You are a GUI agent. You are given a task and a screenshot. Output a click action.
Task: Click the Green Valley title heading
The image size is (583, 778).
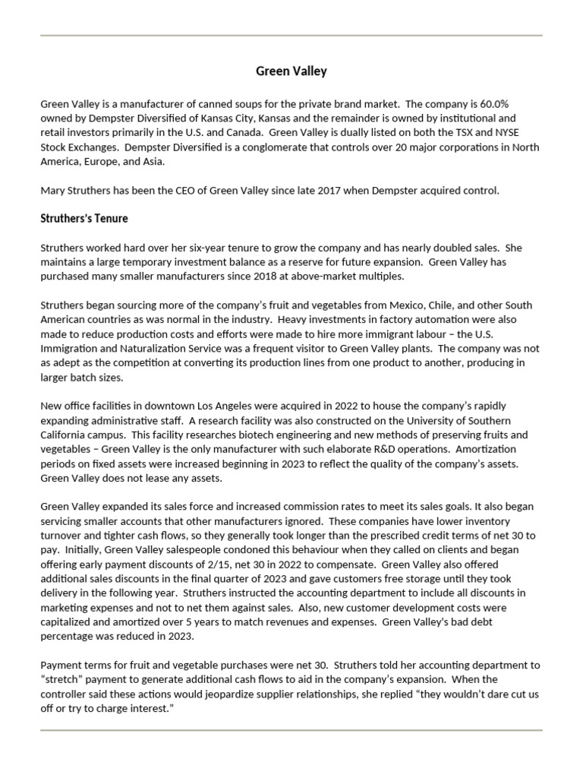pyautogui.click(x=291, y=71)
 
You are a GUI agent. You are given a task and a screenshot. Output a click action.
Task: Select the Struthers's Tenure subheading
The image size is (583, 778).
pyautogui.click(x=84, y=219)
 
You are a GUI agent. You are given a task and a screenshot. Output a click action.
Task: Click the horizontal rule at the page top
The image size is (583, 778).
pyautogui.click(x=291, y=36)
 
